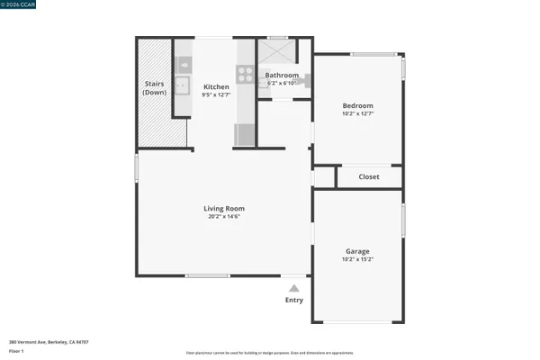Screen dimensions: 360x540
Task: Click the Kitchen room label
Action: coord(216,86)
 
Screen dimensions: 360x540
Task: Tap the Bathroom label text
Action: coord(281,76)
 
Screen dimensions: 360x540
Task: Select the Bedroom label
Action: coord(357,105)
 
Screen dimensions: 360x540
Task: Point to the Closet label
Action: coord(369,177)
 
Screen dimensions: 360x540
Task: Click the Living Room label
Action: coord(226,208)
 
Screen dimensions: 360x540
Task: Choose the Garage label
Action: coord(357,251)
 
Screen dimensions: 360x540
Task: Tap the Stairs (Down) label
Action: coord(155,88)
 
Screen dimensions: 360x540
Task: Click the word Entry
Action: coord(293,300)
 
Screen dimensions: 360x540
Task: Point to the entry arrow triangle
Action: coord(293,287)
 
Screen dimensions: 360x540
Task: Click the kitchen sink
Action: coord(183,86)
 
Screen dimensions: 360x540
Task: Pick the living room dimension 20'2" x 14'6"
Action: coord(226,216)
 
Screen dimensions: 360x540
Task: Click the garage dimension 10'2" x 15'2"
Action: coord(357,259)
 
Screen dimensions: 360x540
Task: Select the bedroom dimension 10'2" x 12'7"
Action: coord(357,113)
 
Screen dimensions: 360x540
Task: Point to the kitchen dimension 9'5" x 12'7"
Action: coord(216,94)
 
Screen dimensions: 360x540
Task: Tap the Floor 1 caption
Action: coord(16,351)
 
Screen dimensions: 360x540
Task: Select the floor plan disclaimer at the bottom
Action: coord(269,354)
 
